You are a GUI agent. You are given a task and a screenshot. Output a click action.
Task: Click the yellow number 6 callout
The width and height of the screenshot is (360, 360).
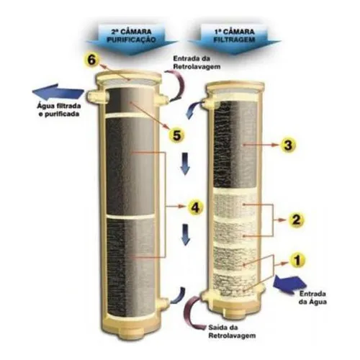pos(91,60)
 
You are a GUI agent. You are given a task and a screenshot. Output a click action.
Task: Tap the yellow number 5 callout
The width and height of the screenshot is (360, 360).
pos(176,135)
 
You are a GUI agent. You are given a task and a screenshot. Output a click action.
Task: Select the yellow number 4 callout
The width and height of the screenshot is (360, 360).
pos(195,207)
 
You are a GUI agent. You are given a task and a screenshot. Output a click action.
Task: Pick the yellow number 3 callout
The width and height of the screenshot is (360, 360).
pos(287,145)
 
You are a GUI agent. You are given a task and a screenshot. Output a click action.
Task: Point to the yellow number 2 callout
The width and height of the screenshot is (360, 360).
pos(296,220)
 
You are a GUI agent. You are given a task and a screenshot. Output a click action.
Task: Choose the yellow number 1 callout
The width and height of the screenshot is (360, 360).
pos(297,260)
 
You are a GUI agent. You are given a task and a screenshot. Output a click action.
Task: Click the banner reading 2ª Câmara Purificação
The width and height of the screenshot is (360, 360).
pos(132,38)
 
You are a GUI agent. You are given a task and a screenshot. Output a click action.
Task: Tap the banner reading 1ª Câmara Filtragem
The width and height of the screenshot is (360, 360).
pos(234,38)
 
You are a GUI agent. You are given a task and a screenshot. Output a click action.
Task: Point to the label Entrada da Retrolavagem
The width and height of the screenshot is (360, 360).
pos(197,63)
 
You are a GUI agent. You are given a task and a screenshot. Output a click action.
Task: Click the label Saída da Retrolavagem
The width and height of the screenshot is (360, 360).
pos(232,331)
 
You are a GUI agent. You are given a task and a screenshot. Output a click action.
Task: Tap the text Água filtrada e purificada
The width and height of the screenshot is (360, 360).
pos(59,109)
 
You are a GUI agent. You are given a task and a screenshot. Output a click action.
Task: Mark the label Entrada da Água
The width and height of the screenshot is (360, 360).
pos(312,297)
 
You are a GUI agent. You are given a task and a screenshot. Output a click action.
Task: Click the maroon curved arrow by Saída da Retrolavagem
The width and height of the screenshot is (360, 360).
pos(189,315)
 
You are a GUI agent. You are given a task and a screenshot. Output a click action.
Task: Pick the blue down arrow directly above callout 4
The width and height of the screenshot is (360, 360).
pos(185,163)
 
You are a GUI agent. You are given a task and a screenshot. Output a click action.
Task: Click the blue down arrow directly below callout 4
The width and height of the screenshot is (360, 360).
pos(186,235)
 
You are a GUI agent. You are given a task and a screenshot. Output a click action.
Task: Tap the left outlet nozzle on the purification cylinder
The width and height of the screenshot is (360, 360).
pos(96,96)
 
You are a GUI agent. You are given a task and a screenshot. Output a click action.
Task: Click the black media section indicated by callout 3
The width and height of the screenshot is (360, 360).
pos(235,144)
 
